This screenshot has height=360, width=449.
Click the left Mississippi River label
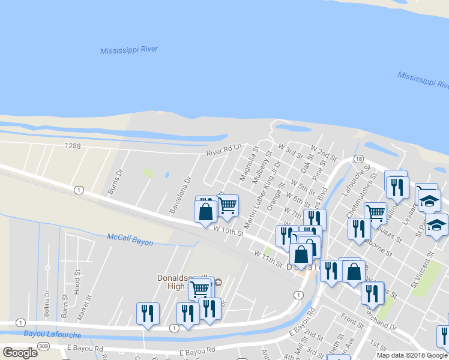coord(129,50)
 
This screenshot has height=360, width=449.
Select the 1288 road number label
coord(73,146)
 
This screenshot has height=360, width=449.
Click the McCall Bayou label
coord(130,239)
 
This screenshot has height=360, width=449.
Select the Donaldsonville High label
coord(179,282)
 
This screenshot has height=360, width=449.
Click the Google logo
coord(19,353)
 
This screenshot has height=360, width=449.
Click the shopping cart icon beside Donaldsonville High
coord(199,289)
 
